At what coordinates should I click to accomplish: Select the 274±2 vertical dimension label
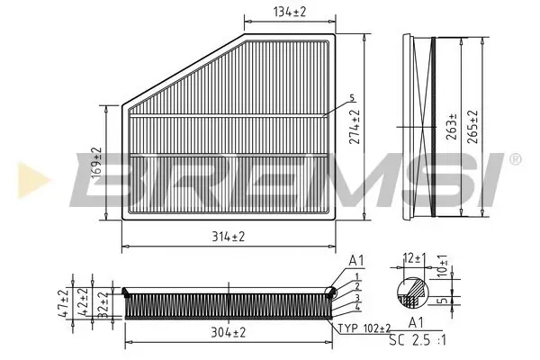coord(355,128)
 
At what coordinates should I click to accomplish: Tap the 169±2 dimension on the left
coord(97,163)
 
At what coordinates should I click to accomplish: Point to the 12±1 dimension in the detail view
coord(413,258)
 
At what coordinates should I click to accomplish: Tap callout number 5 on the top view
coord(353,98)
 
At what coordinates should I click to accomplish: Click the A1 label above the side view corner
coord(356,261)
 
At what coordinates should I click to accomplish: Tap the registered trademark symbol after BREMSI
coord(514,159)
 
